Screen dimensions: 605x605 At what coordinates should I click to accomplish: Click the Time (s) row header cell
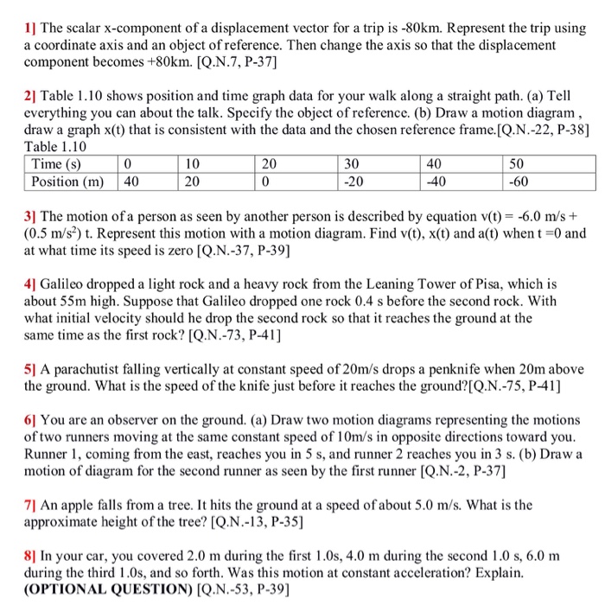click(x=57, y=164)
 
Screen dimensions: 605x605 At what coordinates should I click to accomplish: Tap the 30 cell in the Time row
click(x=351, y=164)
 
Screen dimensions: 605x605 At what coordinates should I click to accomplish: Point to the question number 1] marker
click(x=30, y=12)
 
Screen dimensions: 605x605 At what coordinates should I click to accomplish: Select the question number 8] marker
click(x=31, y=553)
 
